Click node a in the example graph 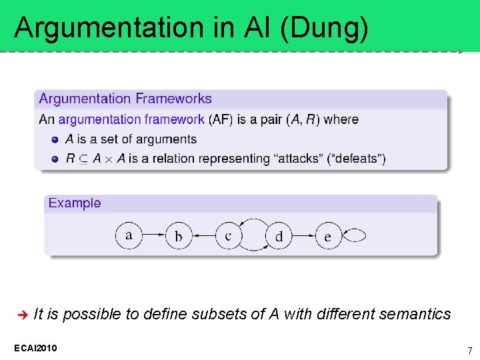pyautogui.click(x=129, y=235)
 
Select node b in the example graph pyautogui.click(x=178, y=235)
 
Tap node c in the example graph pyautogui.click(x=228, y=235)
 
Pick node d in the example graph pyautogui.click(x=278, y=235)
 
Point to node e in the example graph pyautogui.click(x=327, y=235)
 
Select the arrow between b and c pyautogui.click(x=203, y=235)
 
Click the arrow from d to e pyautogui.click(x=303, y=235)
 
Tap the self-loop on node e pyautogui.click(x=355, y=235)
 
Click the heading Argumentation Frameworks pyautogui.click(x=125, y=99)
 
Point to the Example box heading pyautogui.click(x=75, y=203)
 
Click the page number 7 pyautogui.click(x=469, y=351)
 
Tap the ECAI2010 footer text pyautogui.click(x=35, y=348)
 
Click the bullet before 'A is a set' pyautogui.click(x=55, y=139)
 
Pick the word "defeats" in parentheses pyautogui.click(x=357, y=159)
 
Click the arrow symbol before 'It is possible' pyautogui.click(x=21, y=314)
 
